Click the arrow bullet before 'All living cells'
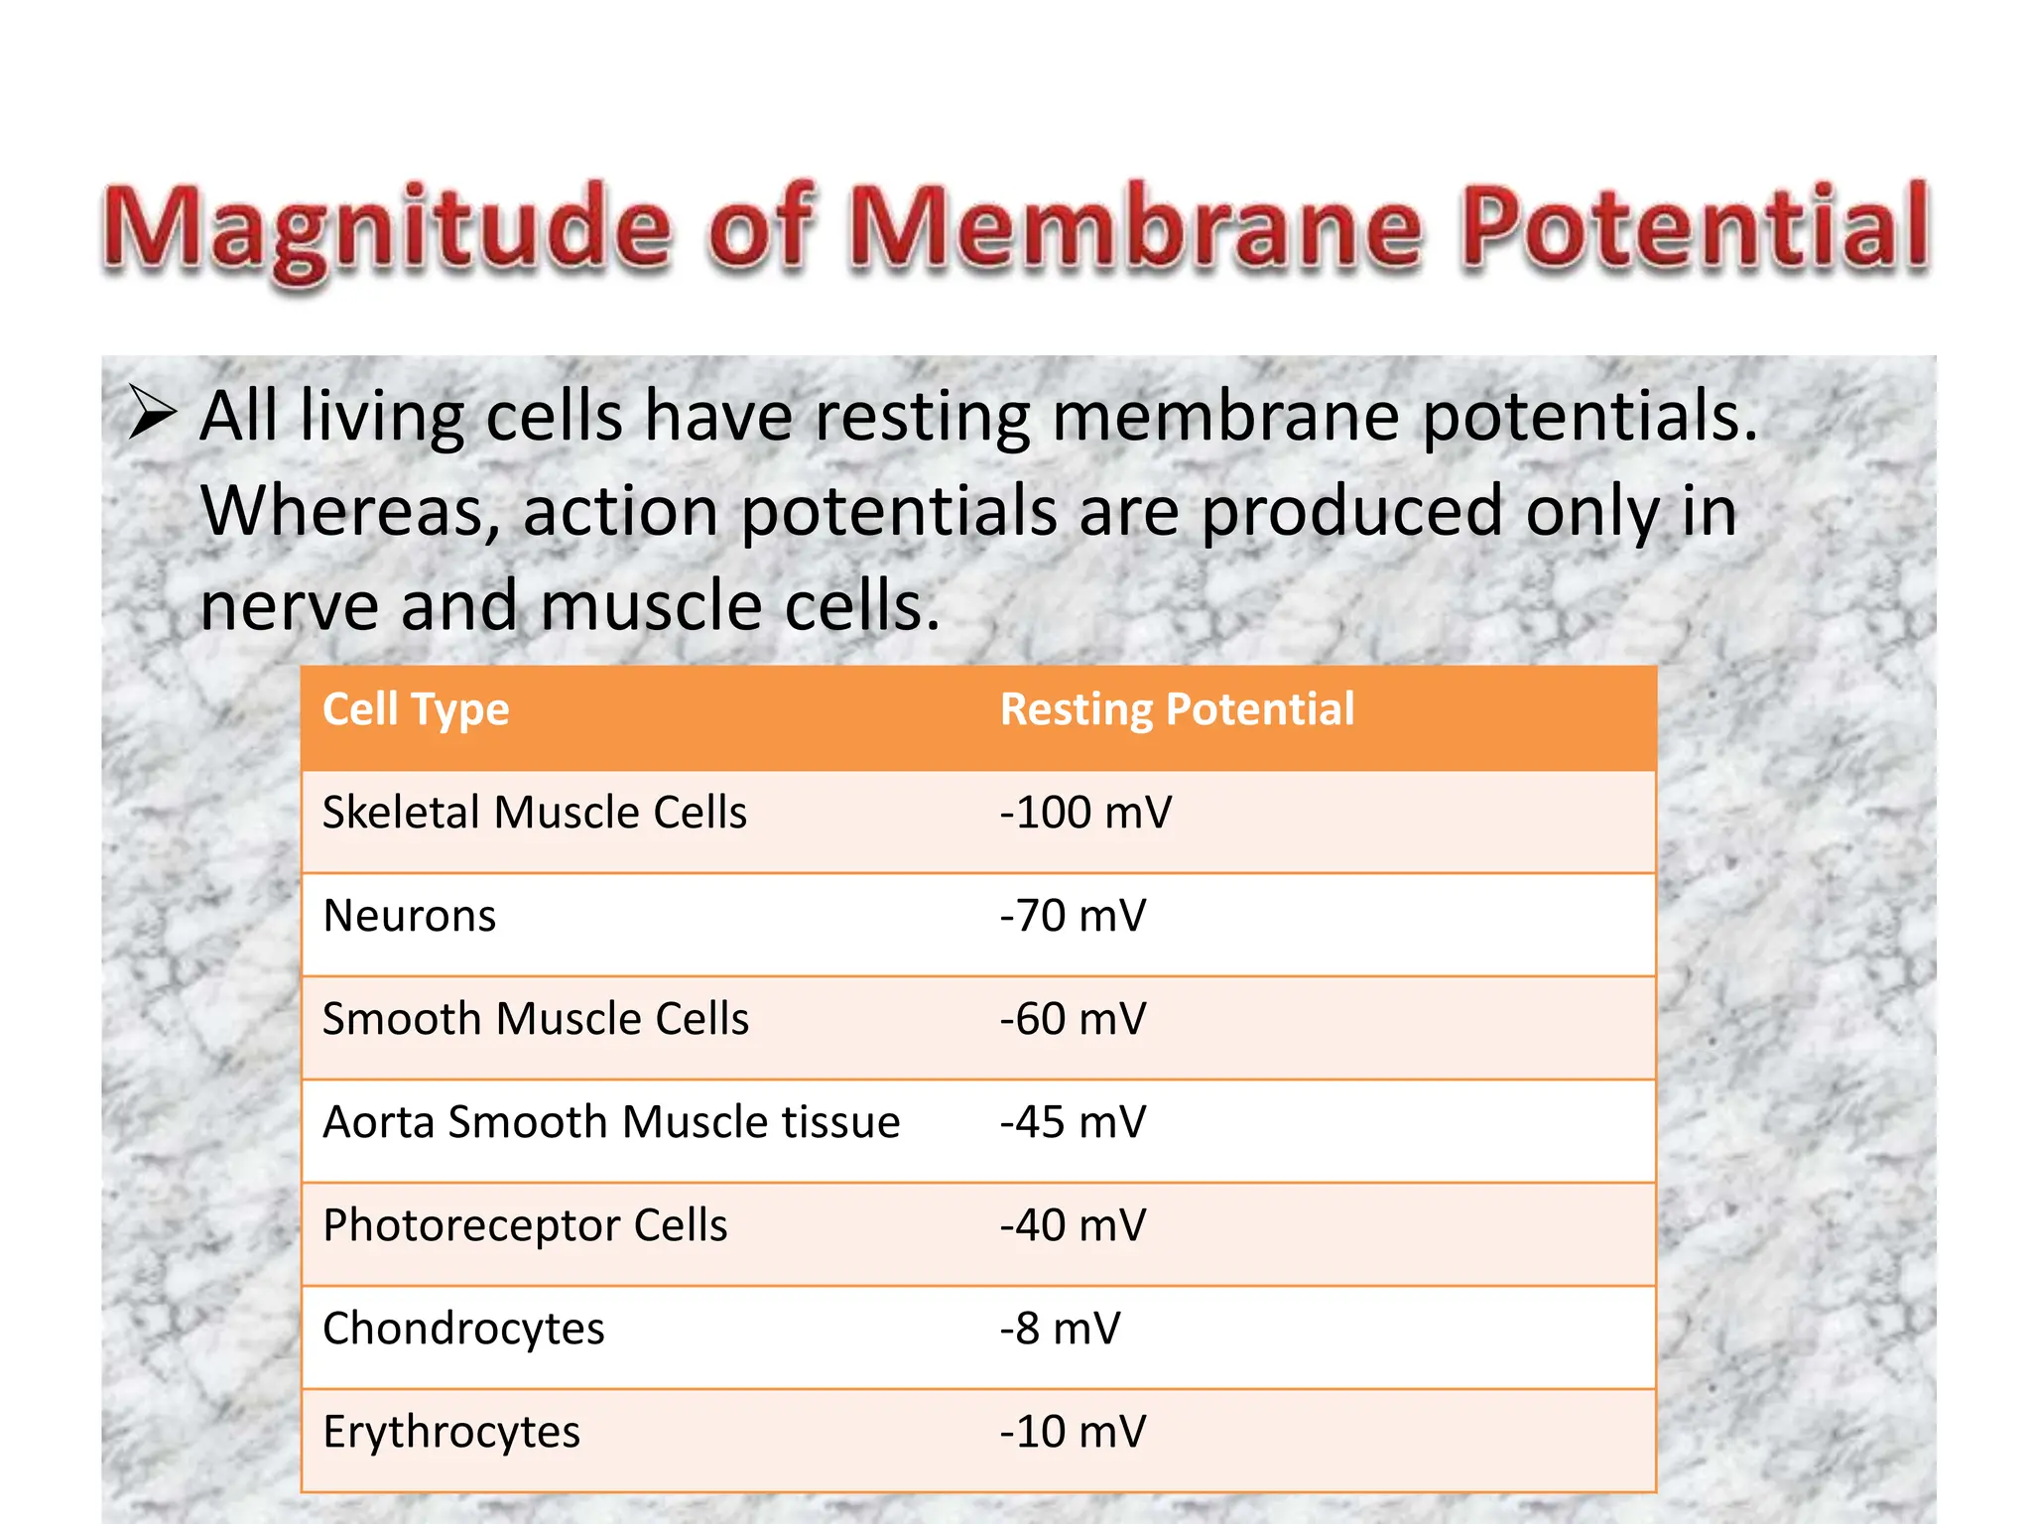(x=153, y=414)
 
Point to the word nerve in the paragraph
(x=289, y=606)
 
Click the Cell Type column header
(x=416, y=710)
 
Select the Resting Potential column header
(x=1177, y=710)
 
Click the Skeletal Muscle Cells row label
(x=534, y=813)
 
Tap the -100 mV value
(x=1085, y=813)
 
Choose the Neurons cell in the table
(x=409, y=916)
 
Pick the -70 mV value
(x=1073, y=916)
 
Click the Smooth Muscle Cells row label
(x=536, y=1019)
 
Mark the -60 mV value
(x=1073, y=1019)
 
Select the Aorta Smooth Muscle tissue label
(x=611, y=1122)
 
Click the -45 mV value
(x=1073, y=1122)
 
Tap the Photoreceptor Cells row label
(x=525, y=1225)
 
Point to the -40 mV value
(x=1073, y=1225)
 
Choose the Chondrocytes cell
(x=463, y=1329)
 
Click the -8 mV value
(x=1060, y=1329)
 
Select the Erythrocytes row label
(x=451, y=1432)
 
